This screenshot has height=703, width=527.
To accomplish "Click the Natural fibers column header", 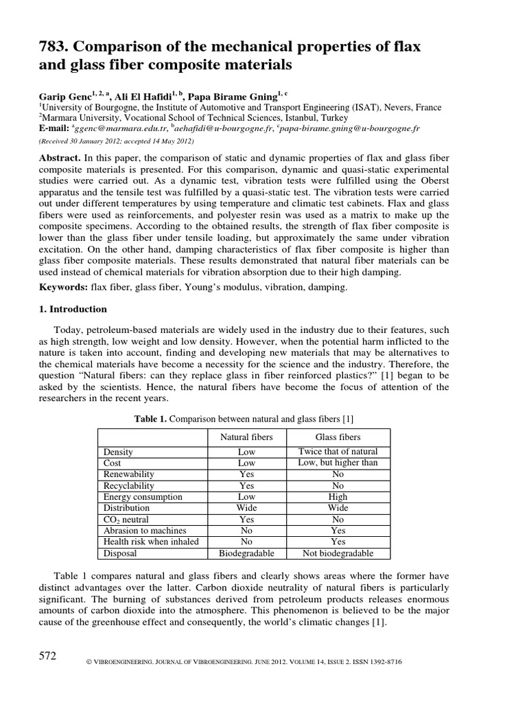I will [246, 437].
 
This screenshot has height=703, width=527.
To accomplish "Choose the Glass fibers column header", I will [338, 437].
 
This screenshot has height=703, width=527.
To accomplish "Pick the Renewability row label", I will [128, 474].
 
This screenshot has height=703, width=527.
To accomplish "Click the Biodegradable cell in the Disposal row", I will [246, 553].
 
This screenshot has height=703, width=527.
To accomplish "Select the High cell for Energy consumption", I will [338, 496].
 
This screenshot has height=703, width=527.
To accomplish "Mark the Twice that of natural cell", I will [338, 452].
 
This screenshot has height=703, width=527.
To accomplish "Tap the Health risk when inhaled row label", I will [150, 542].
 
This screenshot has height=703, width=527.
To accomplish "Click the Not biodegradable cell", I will [338, 553].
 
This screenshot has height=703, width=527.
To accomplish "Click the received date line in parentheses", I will [115, 141].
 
